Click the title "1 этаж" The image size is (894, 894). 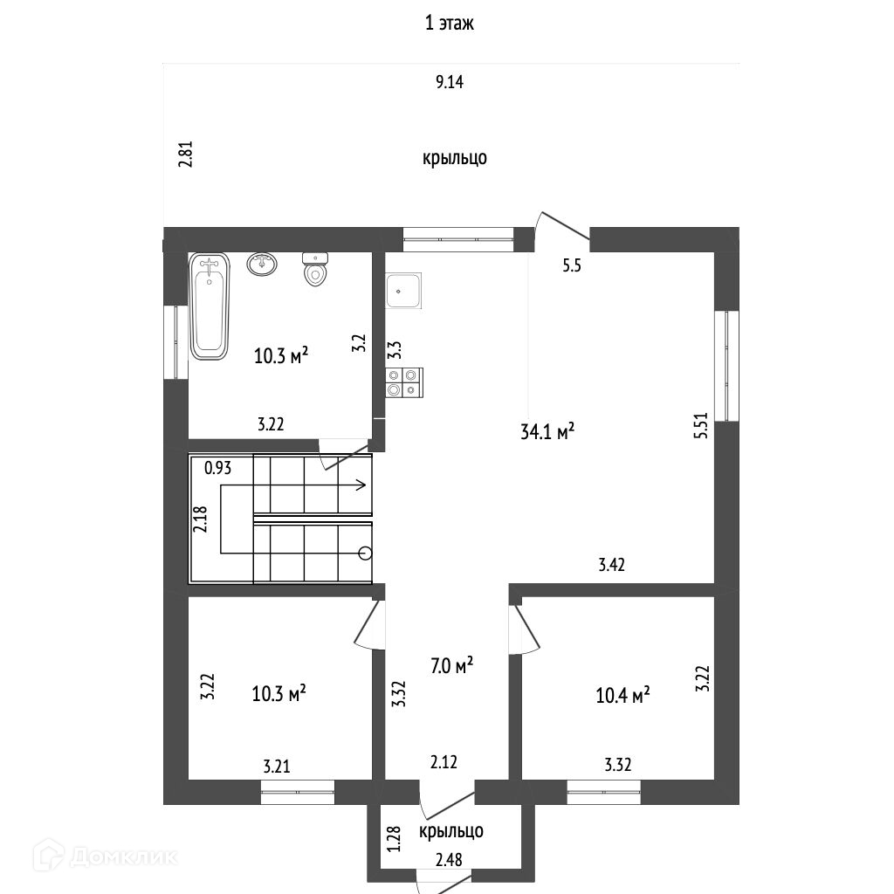pyautogui.click(x=449, y=24)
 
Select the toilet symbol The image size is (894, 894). pyautogui.click(x=315, y=270)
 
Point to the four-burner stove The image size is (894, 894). pyautogui.click(x=403, y=382)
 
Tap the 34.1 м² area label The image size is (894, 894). pyautogui.click(x=547, y=431)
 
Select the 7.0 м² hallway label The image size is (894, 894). pyautogui.click(x=452, y=666)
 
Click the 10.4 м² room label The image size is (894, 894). pyautogui.click(x=623, y=696)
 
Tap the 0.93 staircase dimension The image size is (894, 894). pyautogui.click(x=218, y=468)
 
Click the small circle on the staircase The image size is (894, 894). pyautogui.click(x=365, y=552)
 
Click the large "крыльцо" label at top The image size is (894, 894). pyautogui.click(x=454, y=158)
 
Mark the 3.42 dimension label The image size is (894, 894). pyautogui.click(x=612, y=565)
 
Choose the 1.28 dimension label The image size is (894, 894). pyautogui.click(x=393, y=839)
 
